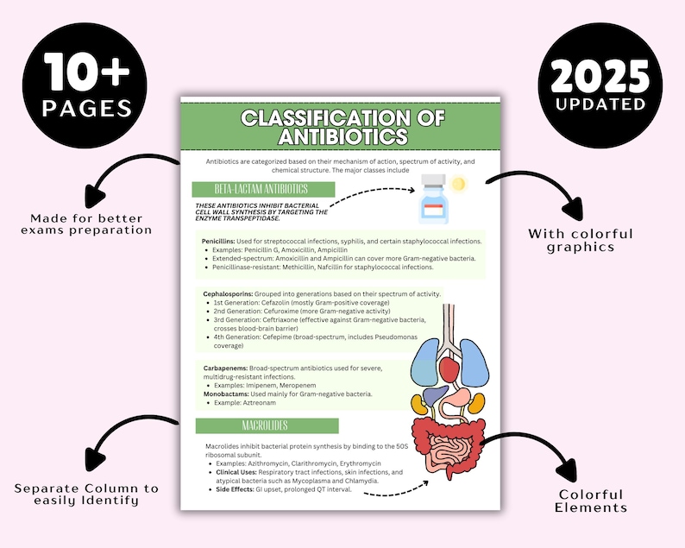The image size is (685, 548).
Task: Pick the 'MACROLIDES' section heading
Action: pos(266,425)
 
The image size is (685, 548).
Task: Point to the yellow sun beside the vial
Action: pos(458,183)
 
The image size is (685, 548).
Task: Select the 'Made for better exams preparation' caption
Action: pos(91,224)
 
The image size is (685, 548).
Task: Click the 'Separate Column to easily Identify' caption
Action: pos(86,494)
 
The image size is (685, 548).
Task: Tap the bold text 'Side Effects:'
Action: pos(229,489)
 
